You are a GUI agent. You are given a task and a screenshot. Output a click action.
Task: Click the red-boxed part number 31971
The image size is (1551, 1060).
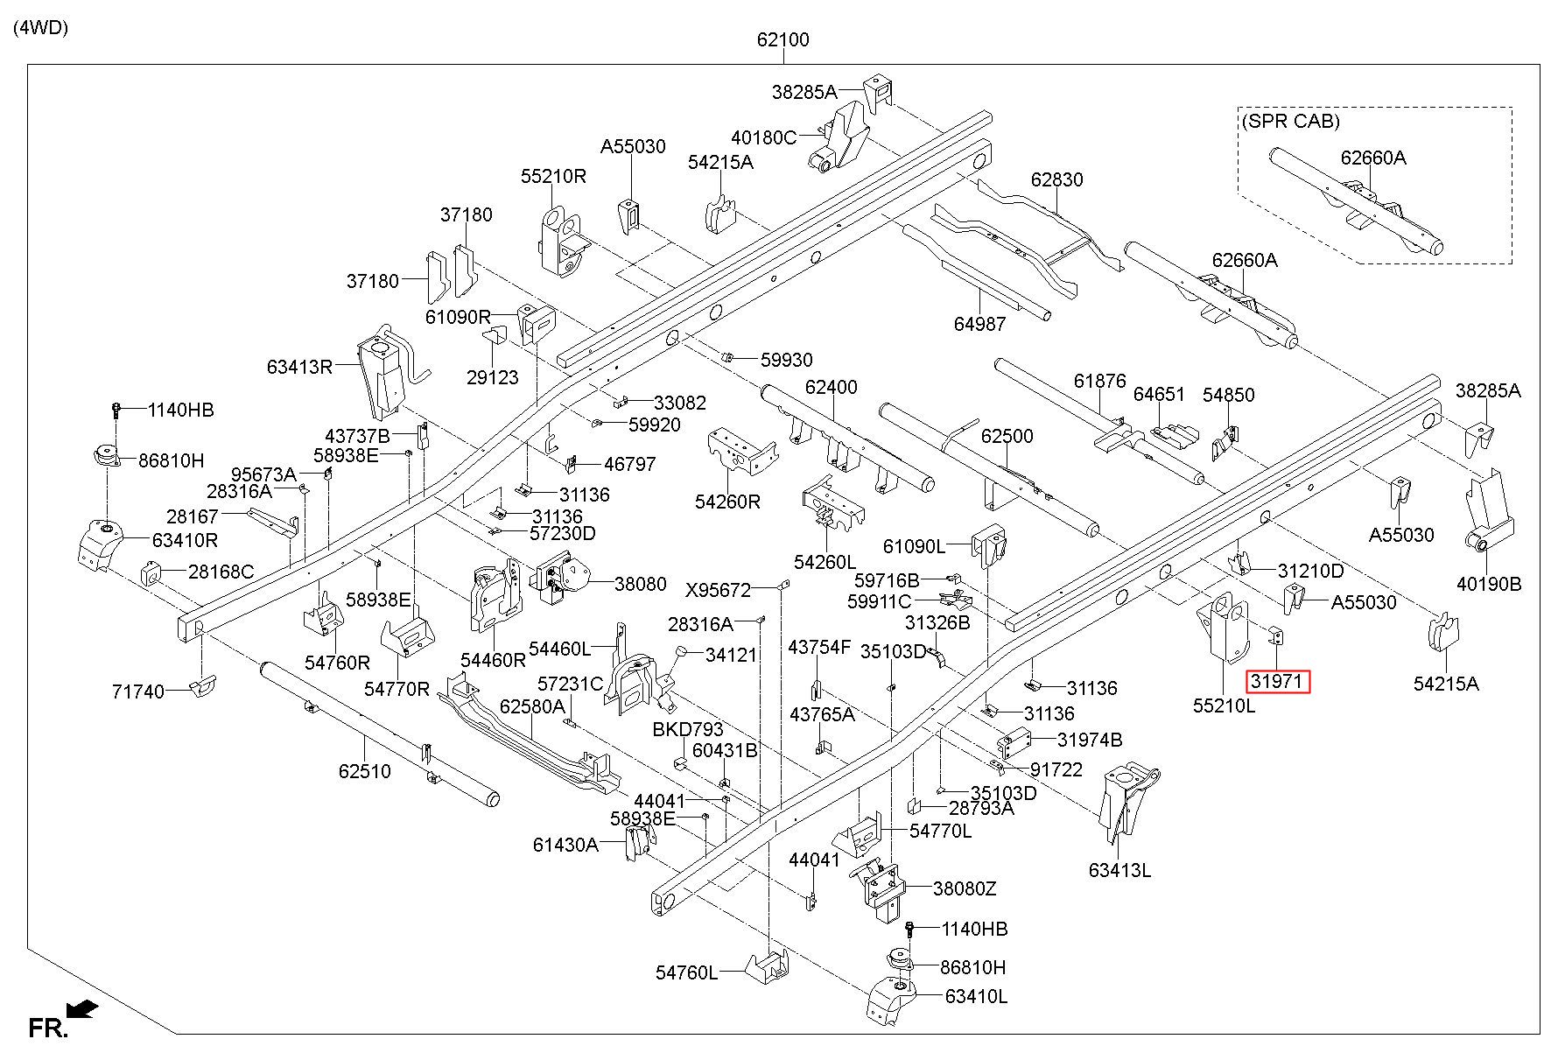pos(1278,681)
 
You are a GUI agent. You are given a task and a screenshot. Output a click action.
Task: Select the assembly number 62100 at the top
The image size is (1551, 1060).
pos(783,39)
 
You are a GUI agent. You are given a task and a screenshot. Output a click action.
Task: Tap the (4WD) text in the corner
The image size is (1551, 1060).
pos(40,27)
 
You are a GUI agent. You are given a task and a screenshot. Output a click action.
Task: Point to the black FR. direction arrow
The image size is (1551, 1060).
pos(83,1009)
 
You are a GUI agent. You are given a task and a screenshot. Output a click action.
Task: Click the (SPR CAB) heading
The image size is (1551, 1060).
pos(1290,122)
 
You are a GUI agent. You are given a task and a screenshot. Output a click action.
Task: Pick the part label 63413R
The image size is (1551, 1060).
pos(299,367)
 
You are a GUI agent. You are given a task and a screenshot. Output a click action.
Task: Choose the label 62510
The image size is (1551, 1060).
pos(365,771)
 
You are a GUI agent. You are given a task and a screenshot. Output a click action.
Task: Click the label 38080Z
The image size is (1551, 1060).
pos(965,888)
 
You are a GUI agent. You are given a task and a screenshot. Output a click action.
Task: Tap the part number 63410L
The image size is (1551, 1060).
pos(976,996)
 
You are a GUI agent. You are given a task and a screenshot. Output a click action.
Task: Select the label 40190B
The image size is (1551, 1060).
pos(1489,584)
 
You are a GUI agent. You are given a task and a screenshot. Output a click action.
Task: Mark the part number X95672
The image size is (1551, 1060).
pos(718,591)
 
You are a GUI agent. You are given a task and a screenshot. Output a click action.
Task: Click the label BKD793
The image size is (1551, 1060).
pos(688,730)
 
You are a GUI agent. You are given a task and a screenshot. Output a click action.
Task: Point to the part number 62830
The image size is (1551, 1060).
pos(1056,179)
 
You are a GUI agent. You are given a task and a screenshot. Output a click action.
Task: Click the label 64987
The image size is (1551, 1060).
pos(979,324)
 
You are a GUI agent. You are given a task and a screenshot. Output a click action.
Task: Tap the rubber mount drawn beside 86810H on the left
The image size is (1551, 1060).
pos(107,457)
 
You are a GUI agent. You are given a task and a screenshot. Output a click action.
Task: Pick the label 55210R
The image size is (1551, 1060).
pos(553,175)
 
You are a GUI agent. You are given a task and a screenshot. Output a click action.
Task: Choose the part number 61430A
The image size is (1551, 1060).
pos(565,845)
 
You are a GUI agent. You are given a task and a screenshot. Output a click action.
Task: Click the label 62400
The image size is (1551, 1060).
pos(832,387)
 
